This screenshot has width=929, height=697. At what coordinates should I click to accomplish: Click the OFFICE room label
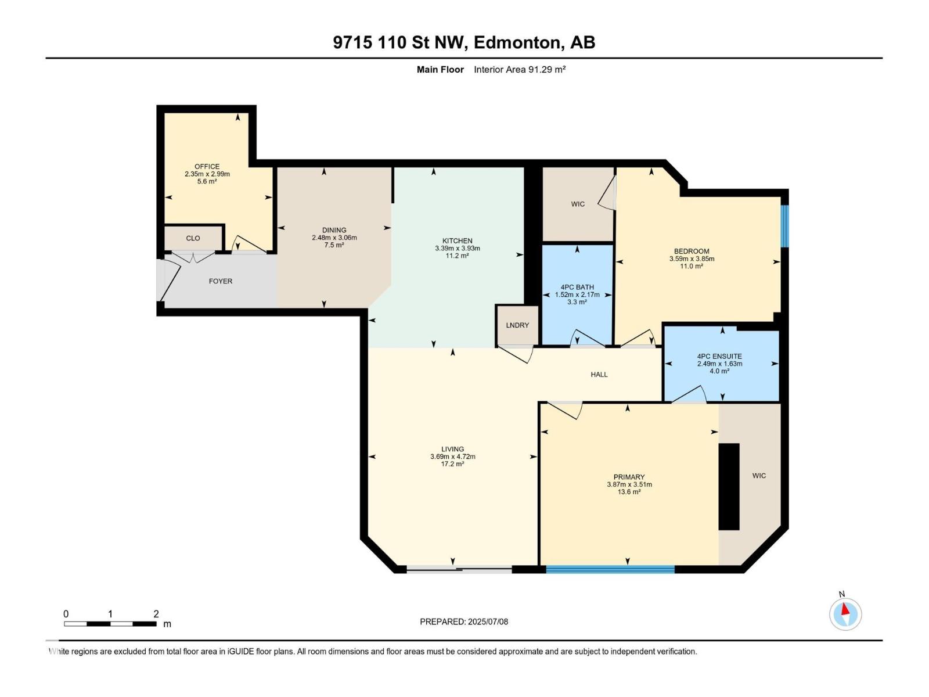click(207, 167)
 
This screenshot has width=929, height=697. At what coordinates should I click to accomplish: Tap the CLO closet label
click(193, 238)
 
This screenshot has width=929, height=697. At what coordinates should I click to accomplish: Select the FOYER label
click(221, 281)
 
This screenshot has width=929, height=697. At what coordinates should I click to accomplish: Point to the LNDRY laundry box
click(517, 325)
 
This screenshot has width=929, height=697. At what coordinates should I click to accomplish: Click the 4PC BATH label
click(577, 287)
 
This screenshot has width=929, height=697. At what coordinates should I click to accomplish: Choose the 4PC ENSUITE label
click(719, 357)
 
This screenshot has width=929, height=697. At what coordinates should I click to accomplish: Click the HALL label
click(599, 375)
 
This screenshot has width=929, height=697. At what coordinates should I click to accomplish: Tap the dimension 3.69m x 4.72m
click(453, 457)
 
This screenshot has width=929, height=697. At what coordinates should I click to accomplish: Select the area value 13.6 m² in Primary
click(629, 492)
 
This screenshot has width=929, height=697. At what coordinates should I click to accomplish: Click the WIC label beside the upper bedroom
click(578, 204)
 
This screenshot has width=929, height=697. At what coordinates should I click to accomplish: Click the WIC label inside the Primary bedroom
click(759, 476)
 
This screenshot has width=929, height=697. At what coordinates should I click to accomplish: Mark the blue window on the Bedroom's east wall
click(784, 226)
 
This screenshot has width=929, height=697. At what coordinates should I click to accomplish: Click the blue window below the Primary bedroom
click(610, 570)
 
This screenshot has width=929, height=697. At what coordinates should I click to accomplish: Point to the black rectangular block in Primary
click(729, 487)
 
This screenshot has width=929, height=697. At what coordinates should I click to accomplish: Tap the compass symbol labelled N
click(845, 614)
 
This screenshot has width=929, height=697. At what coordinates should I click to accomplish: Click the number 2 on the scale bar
click(156, 614)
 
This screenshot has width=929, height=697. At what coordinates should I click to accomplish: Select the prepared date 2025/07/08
click(487, 621)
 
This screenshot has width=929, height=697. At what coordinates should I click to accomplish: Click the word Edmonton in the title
click(517, 42)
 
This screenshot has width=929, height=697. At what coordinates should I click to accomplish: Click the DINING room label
click(334, 230)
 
